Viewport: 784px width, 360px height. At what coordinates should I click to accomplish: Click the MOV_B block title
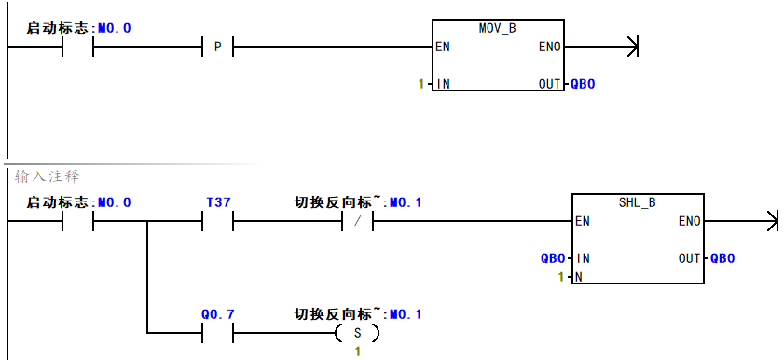(497, 28)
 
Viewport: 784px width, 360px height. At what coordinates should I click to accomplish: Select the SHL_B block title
(638, 202)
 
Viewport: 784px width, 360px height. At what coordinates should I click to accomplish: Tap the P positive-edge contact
(217, 46)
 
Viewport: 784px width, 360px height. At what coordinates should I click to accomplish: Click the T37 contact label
(217, 202)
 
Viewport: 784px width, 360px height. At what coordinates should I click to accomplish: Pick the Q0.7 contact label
(217, 314)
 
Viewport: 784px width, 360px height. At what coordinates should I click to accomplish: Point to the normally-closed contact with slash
(357, 222)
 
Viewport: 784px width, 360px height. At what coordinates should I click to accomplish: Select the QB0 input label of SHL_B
(553, 258)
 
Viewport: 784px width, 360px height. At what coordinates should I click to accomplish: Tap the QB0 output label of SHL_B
(722, 258)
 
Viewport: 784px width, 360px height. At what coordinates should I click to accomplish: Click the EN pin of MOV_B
(444, 47)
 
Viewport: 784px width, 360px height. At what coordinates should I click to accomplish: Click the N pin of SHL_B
(579, 277)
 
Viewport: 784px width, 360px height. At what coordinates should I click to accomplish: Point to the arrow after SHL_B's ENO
(769, 222)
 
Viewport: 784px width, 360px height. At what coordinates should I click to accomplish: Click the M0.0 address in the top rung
(115, 28)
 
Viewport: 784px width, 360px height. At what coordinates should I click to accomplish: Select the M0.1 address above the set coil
(406, 314)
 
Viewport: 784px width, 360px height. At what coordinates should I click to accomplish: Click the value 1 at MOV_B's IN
(420, 84)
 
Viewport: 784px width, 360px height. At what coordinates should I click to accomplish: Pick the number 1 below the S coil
(357, 351)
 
